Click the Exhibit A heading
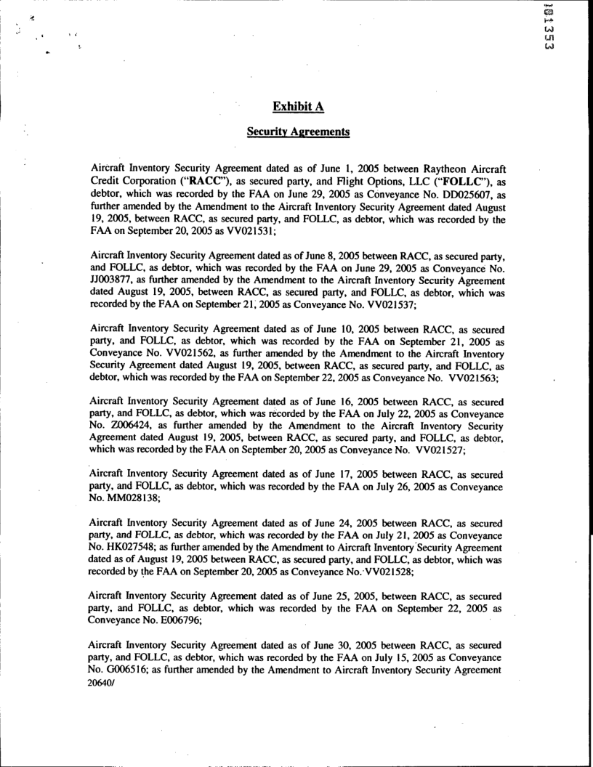pyautogui.click(x=298, y=107)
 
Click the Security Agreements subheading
pyautogui.click(x=297, y=134)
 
